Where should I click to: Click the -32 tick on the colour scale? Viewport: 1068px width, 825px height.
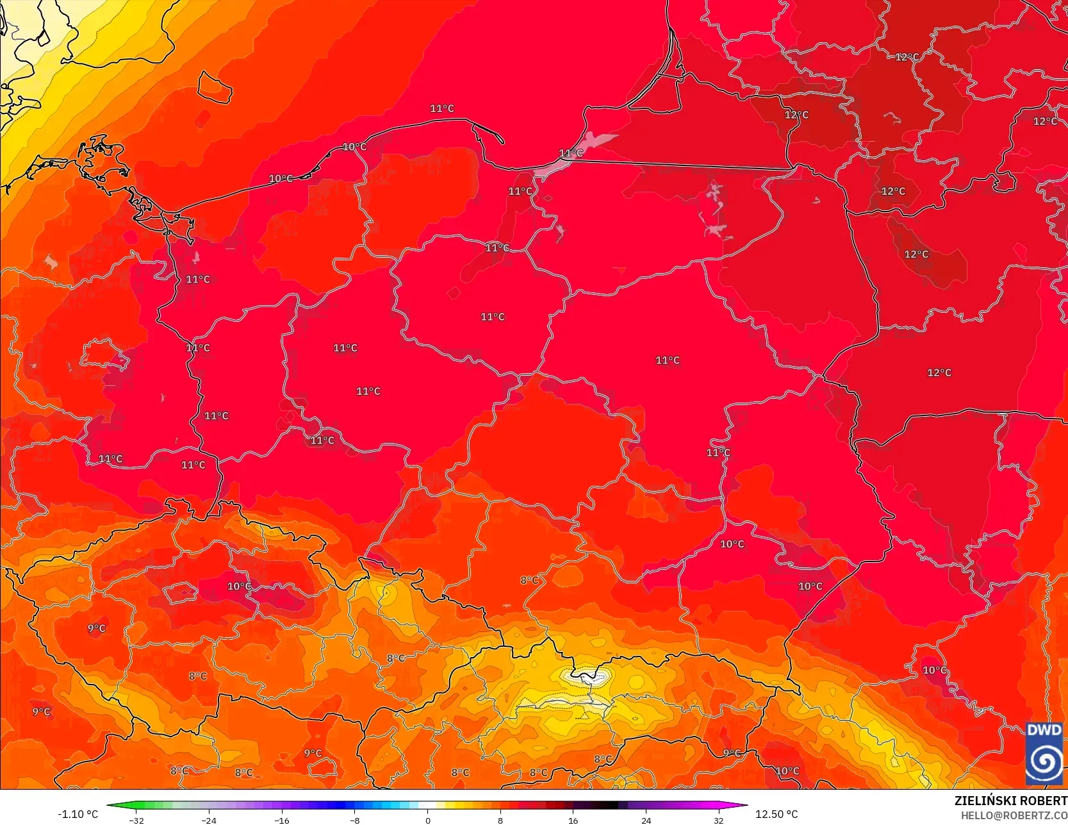(136, 820)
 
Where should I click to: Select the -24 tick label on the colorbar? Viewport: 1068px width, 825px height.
(209, 820)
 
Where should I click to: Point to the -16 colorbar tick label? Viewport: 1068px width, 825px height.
(282, 820)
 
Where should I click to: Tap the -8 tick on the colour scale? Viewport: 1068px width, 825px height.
(355, 820)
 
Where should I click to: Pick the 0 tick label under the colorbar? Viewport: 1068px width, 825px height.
(427, 820)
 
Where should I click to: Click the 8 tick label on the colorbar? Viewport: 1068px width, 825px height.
(500, 820)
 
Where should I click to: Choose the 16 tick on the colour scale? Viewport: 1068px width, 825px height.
(573, 820)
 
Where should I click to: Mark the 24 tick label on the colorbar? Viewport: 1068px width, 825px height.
(646, 820)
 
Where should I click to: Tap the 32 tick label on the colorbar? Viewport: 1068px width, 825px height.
(719, 820)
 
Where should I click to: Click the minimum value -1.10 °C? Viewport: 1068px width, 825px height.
(78, 814)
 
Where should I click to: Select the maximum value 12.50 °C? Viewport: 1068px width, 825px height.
(776, 814)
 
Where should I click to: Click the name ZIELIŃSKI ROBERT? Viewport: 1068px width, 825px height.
(1010, 801)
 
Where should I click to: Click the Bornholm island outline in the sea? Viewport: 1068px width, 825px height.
(214, 87)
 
